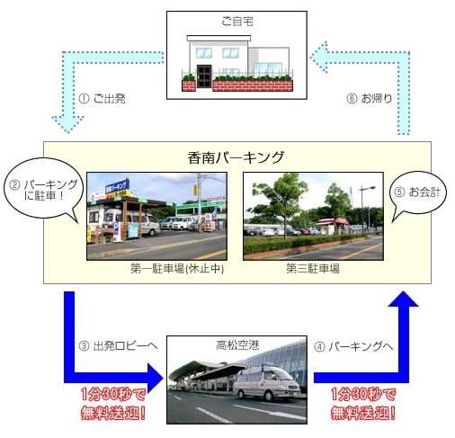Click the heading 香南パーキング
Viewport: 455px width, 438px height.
[236, 157]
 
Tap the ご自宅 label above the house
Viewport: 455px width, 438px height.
[237, 22]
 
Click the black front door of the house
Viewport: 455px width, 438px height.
[204, 76]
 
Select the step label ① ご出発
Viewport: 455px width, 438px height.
[102, 98]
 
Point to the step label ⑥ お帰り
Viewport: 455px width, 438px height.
[370, 98]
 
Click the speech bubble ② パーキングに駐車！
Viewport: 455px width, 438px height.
[43, 190]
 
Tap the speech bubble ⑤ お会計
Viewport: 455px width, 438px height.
[419, 192]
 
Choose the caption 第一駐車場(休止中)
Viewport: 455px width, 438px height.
[177, 268]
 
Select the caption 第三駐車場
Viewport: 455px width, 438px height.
[313, 268]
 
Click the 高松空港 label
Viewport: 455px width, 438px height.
[237, 345]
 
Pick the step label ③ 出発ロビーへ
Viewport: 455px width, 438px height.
[118, 346]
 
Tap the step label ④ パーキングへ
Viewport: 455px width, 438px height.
[353, 346]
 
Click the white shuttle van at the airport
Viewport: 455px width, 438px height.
[266, 382]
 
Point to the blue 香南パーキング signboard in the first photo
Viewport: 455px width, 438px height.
[117, 188]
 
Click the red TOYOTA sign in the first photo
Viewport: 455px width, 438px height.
[216, 199]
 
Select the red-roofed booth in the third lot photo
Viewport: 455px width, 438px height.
[333, 226]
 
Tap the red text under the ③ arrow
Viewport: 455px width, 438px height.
[113, 404]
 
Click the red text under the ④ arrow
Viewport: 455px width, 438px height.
[363, 404]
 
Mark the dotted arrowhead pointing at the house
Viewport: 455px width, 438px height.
[318, 57]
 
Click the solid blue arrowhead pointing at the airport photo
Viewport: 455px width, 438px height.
[156, 378]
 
